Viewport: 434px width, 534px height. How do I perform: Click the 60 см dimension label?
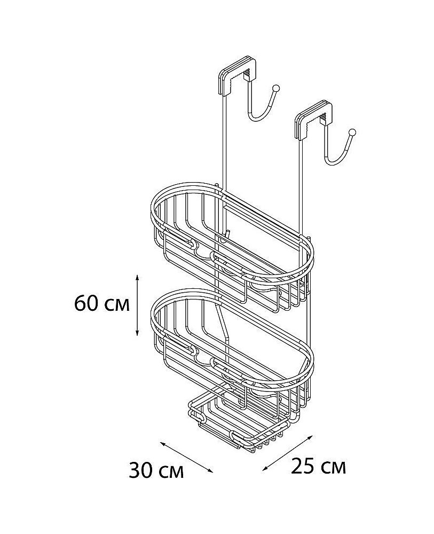click(102, 303)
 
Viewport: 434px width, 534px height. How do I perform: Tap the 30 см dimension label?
click(156, 470)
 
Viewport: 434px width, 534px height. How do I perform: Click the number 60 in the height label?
click(87, 303)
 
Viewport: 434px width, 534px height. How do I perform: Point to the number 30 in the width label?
click(141, 470)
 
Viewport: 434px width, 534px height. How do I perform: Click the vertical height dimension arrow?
click(137, 305)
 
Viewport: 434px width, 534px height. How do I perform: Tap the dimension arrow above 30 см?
click(186, 457)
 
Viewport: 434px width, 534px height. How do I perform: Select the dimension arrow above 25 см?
click(287, 453)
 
